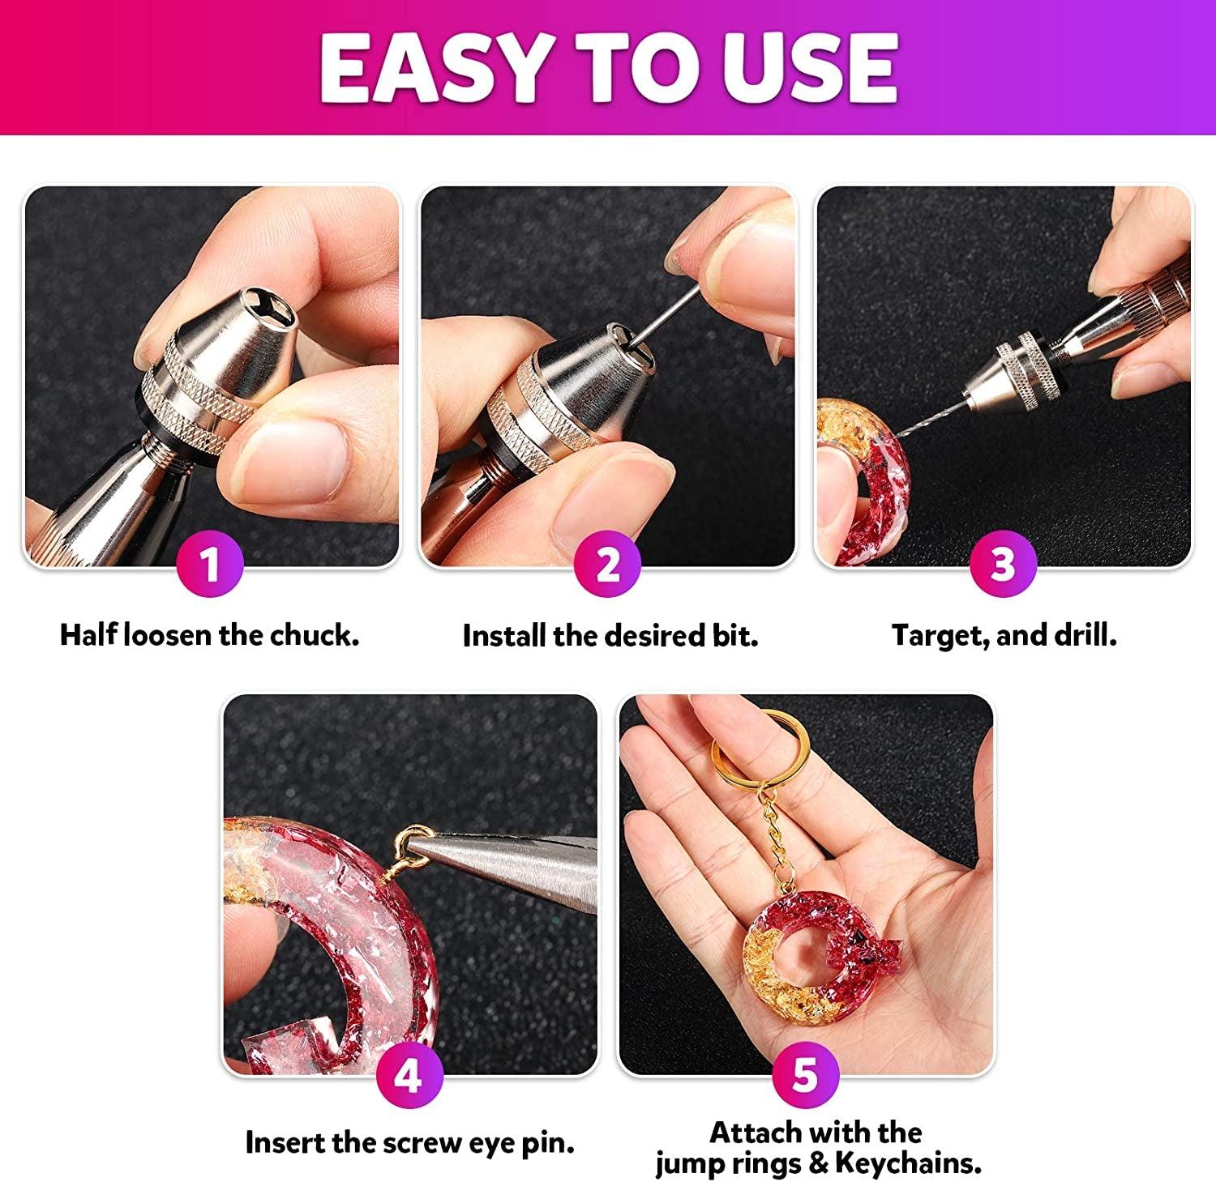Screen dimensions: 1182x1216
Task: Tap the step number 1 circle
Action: point(210,564)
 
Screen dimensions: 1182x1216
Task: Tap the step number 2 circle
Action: point(607,564)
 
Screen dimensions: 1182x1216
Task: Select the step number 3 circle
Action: point(1003,564)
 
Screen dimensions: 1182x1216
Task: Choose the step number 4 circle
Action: point(409,1075)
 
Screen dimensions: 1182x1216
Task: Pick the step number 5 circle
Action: point(805,1075)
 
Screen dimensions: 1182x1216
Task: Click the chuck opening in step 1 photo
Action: point(276,312)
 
